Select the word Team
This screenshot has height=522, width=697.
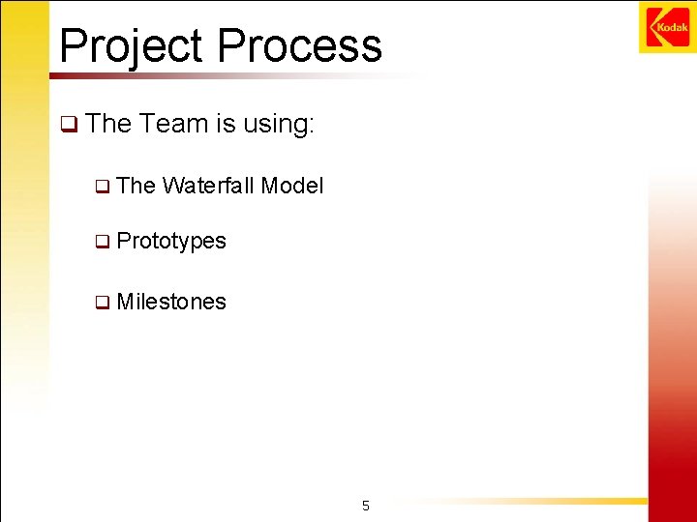click(x=173, y=124)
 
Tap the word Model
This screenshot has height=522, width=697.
click(x=292, y=186)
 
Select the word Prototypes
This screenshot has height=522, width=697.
click(x=170, y=242)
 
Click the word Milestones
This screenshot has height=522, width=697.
click(x=170, y=302)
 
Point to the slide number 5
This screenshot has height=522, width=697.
click(x=365, y=506)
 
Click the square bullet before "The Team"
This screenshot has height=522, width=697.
click(x=68, y=125)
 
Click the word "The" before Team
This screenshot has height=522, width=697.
click(x=107, y=124)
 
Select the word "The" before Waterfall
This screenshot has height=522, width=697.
click(x=136, y=186)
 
